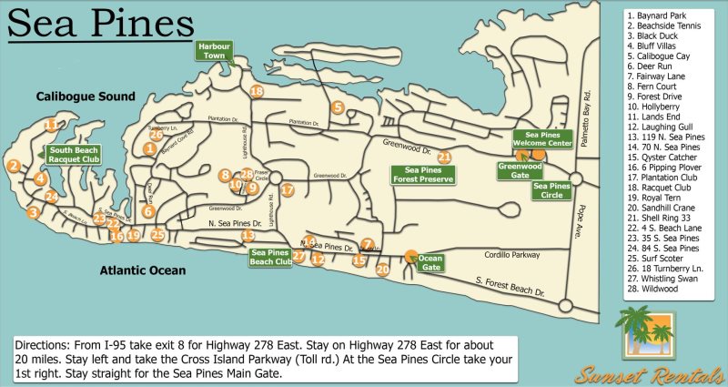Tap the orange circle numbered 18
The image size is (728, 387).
tap(257, 92)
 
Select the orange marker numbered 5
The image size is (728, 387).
tap(338, 107)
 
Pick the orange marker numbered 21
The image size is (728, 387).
tap(444, 157)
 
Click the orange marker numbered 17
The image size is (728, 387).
tap(288, 190)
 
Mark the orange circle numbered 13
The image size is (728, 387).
tap(248, 236)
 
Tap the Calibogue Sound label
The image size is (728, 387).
tap(86, 96)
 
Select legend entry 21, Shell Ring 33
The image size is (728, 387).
tap(662, 218)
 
